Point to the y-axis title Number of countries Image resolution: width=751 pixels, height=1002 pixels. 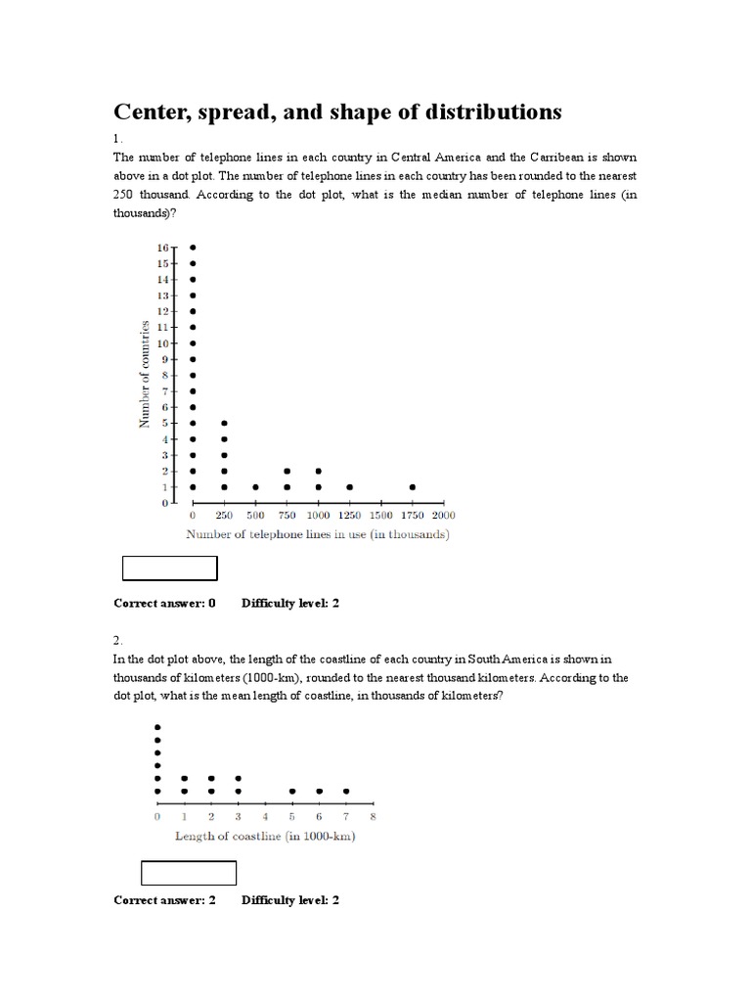coord(144,373)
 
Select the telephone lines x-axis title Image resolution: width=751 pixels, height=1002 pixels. coord(318,534)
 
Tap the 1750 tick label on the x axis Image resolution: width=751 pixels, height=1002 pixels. coord(412,515)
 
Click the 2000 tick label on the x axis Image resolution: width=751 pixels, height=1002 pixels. coord(443,515)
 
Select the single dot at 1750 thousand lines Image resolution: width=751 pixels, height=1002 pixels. coord(413,486)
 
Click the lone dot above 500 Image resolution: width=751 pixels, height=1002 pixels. coord(255,486)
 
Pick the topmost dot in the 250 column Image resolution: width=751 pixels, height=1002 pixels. coord(224,423)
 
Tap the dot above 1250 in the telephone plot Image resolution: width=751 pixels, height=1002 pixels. coord(349,486)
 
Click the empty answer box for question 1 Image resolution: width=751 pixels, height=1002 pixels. coord(168,569)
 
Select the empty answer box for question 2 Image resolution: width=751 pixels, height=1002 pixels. coord(189,873)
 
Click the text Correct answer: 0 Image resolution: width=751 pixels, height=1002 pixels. coord(164,603)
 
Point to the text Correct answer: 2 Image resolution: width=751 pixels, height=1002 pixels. coord(164,899)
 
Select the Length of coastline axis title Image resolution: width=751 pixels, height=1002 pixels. coord(264,836)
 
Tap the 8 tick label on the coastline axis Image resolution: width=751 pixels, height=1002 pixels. coord(373,816)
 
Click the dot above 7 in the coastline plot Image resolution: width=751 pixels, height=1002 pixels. coord(345,791)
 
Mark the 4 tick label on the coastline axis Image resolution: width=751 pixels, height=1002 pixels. coord(265,816)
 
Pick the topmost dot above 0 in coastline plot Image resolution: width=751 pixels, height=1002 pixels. coord(157,727)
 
